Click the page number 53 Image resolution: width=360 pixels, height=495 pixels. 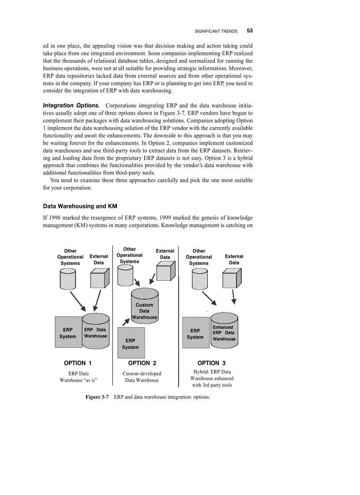249,31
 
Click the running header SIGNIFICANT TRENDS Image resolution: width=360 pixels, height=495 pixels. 216,31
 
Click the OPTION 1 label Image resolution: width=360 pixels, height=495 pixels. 78,363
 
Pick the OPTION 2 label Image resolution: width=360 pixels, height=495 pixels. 142,363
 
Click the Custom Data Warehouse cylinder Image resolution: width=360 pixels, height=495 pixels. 144,306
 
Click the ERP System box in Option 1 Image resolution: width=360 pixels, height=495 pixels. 68,332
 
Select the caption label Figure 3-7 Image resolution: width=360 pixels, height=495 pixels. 97,397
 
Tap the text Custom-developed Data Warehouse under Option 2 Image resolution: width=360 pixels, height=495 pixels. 142,377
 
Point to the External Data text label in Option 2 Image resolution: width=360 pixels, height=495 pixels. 165,254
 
